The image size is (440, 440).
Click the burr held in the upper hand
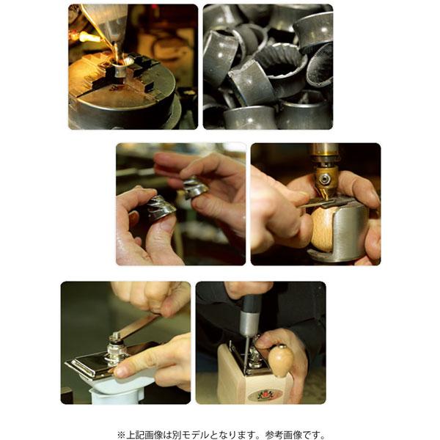pos(195,188)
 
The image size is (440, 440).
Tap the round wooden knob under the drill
pos(327,228)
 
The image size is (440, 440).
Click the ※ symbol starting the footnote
pos(122,434)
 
